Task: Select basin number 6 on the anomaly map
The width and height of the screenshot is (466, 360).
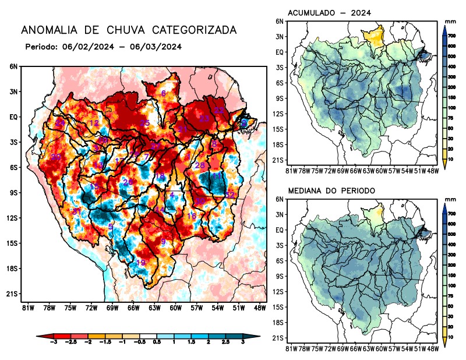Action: click(x=164, y=93)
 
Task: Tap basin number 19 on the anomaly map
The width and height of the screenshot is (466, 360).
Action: click(x=140, y=263)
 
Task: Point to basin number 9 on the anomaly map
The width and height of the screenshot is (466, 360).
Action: click(x=164, y=242)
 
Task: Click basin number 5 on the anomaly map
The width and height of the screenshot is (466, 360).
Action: click(x=111, y=226)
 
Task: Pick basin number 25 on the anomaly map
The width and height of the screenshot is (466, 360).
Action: click(x=145, y=123)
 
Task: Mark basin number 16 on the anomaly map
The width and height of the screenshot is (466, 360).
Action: click(x=192, y=216)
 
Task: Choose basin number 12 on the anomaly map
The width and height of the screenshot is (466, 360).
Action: click(x=94, y=123)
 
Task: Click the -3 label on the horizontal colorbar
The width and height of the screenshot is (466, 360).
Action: click(x=54, y=346)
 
